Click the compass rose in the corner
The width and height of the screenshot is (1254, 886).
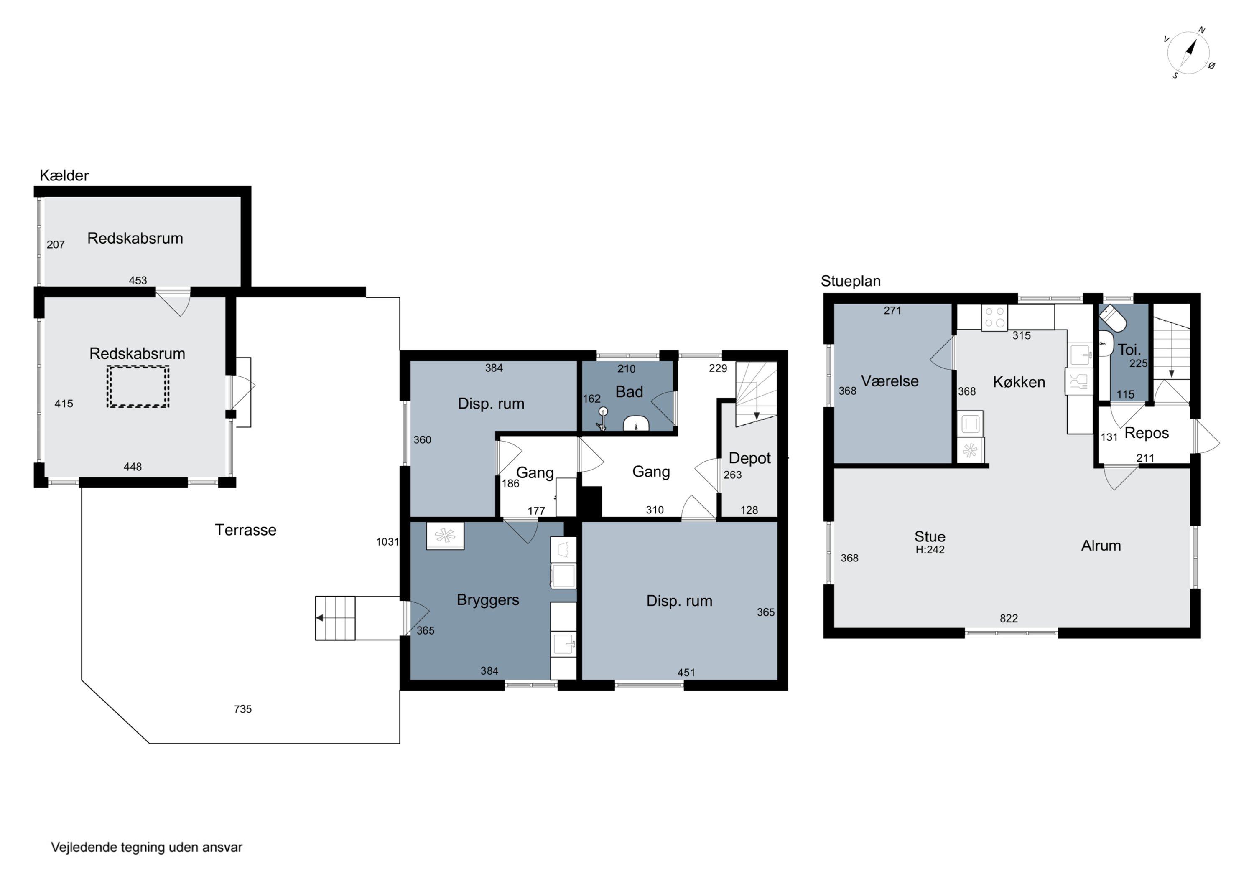(1189, 53)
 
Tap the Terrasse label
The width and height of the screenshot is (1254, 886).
(245, 530)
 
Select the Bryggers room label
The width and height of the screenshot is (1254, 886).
(488, 600)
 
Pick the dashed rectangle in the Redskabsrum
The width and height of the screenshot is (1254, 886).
(138, 386)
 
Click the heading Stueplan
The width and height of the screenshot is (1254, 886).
(850, 281)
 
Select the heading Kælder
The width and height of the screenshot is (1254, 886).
(64, 175)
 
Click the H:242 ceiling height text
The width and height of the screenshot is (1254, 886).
(930, 550)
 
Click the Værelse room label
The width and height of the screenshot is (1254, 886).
(890, 381)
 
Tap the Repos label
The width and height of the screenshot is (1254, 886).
(1147, 434)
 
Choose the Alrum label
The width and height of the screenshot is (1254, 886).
(1101, 546)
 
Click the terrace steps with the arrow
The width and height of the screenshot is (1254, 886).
(335, 618)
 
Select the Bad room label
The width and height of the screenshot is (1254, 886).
(629, 391)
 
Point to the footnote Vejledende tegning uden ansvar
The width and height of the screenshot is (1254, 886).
(146, 847)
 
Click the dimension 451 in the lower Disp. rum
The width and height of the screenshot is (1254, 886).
(686, 673)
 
